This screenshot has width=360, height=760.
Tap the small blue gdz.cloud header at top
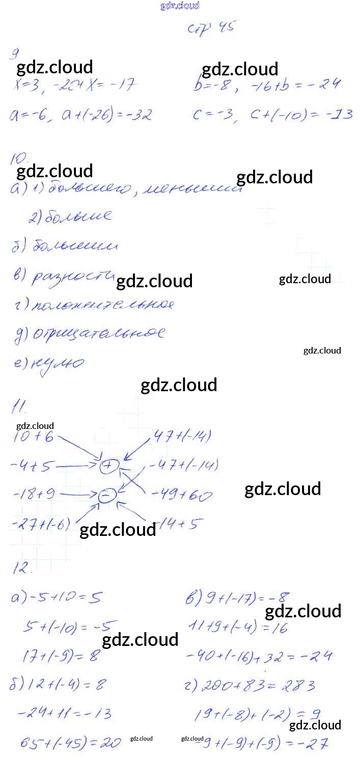[x=179, y=6]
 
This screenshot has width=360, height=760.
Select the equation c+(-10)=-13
[x=301, y=114]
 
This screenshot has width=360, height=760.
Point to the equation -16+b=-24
[x=295, y=85]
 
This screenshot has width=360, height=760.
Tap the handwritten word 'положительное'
[x=102, y=305]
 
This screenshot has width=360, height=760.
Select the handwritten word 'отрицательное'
[x=99, y=334]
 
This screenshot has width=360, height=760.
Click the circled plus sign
[x=109, y=465]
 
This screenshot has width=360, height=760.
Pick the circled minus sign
[x=106, y=495]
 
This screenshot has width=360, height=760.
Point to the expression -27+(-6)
[x=41, y=523]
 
